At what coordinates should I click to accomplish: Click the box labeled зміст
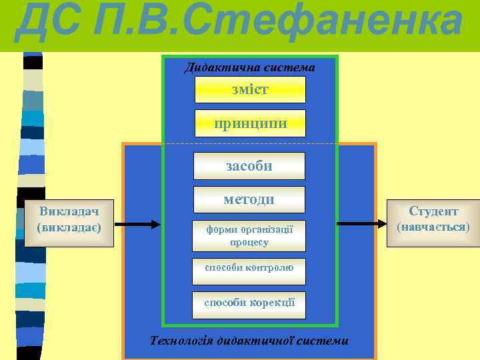click(250, 89)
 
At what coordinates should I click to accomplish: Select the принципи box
click(250, 123)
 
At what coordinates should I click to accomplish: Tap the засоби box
click(249, 166)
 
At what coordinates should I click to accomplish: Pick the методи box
click(249, 199)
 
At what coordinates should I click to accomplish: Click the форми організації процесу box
click(249, 235)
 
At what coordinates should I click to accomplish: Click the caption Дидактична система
click(249, 67)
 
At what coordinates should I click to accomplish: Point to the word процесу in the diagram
click(249, 242)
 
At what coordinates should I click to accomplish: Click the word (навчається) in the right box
click(433, 227)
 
